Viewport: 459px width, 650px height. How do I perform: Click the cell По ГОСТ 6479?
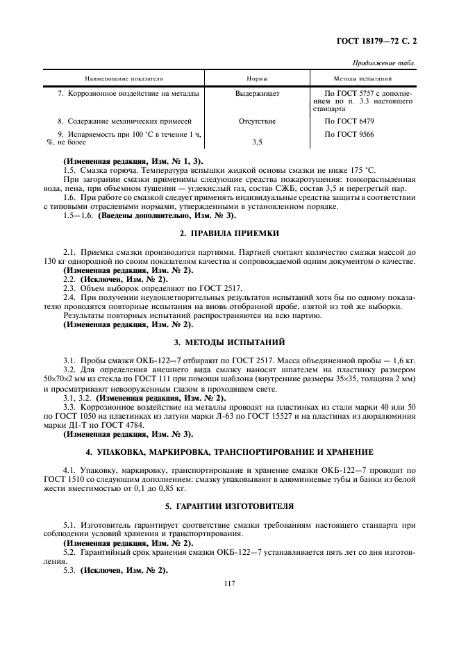pos(352,121)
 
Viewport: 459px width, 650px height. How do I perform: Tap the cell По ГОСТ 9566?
pos(352,133)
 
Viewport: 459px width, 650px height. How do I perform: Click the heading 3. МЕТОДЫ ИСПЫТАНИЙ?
pos(230,343)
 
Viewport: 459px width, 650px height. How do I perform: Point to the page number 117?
pos(230,583)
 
